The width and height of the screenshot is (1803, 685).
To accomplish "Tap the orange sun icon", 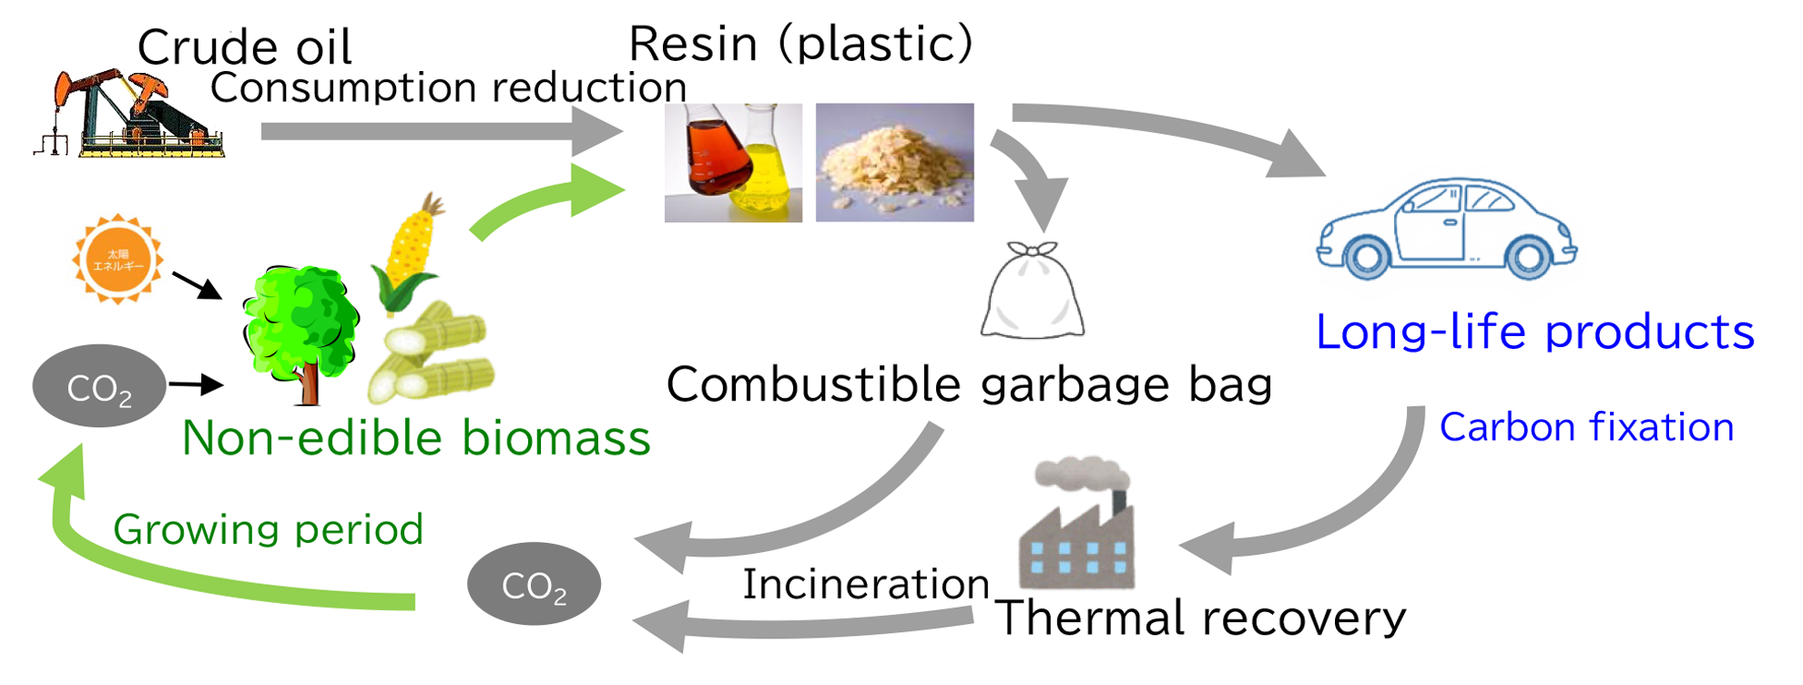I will tap(118, 260).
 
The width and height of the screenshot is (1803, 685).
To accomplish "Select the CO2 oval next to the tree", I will tap(99, 386).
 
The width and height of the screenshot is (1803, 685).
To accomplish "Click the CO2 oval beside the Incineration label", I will tap(534, 584).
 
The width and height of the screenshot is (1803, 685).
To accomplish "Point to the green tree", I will tap(300, 328).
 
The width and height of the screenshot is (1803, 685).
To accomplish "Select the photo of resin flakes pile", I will tap(894, 162).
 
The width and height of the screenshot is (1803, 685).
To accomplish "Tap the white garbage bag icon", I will tap(1033, 291).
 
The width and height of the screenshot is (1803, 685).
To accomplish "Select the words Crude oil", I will tap(244, 46).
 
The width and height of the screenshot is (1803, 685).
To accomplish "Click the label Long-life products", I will tap(1535, 332).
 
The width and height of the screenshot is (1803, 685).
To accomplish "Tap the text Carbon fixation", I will tap(1586, 427).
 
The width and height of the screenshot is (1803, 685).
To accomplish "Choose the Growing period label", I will tap(269, 529).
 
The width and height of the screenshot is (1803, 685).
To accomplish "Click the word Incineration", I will tap(866, 584).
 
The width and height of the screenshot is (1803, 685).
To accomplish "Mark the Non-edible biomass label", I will tap(416, 438).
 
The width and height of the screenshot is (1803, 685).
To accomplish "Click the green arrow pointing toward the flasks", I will tap(546, 202).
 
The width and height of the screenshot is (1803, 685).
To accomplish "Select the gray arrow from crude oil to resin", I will tap(437, 131).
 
